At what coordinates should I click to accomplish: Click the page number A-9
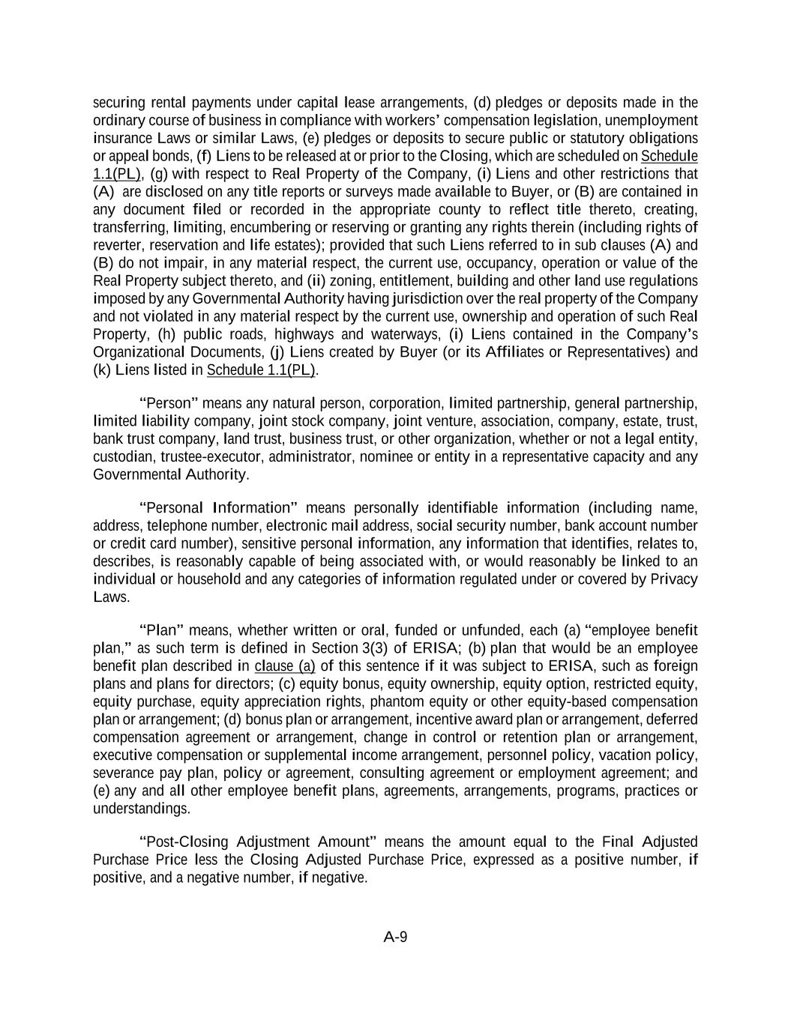tap(395, 936)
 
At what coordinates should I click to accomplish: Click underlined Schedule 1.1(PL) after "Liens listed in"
tap(262, 370)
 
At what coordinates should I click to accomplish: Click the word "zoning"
tap(350, 281)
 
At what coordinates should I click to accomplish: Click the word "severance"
tap(123, 773)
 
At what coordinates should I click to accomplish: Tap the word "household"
tap(185, 579)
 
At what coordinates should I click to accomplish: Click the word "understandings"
tap(141, 809)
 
